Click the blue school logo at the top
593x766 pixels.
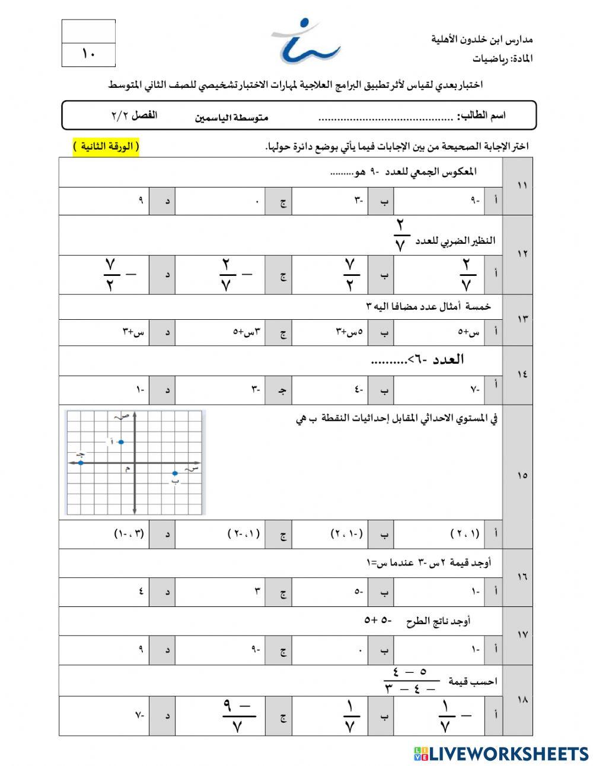(x=305, y=42)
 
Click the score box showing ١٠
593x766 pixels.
(x=88, y=55)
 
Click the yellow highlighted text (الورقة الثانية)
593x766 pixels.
(x=106, y=147)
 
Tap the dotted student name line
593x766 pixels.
(x=385, y=117)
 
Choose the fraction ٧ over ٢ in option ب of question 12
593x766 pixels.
(x=350, y=274)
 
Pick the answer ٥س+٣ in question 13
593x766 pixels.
(x=350, y=332)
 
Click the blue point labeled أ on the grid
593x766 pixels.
(x=121, y=441)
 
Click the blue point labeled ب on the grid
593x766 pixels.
(x=174, y=473)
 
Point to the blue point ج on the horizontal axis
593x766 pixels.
(x=81, y=462)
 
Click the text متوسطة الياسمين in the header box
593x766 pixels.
(x=232, y=117)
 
